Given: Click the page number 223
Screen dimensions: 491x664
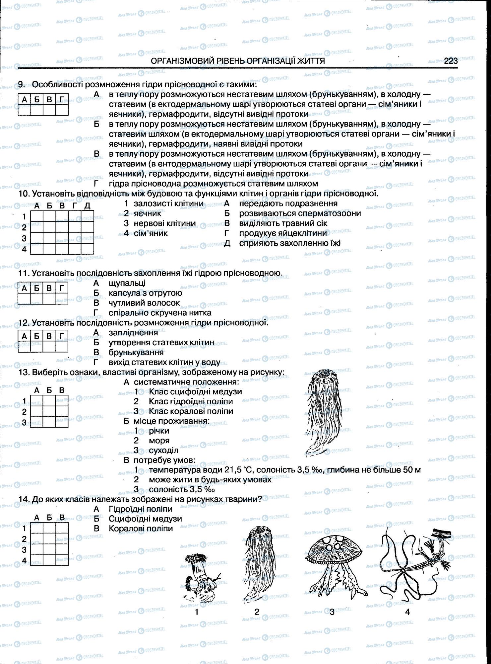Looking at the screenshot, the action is tap(451, 61).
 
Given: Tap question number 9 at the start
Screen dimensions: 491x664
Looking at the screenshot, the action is tap(21, 85).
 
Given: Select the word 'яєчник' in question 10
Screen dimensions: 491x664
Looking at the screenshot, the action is tap(147, 213).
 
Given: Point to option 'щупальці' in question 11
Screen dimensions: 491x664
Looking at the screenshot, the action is tap(127, 283).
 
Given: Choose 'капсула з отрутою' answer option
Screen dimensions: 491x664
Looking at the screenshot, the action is tap(145, 293).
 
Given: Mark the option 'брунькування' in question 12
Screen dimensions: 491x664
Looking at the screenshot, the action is tap(136, 352).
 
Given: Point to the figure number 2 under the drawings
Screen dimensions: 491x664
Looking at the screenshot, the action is tap(257, 612).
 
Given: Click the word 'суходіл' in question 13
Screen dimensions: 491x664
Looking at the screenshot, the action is tap(163, 451).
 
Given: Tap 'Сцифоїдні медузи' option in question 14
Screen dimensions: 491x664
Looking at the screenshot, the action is tap(145, 519).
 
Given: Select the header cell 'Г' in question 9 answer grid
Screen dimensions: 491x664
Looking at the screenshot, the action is tap(62, 99).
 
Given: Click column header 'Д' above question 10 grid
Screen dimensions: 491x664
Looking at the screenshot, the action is tap(87, 206).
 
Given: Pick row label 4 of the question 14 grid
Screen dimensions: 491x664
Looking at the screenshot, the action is tap(24, 561).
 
